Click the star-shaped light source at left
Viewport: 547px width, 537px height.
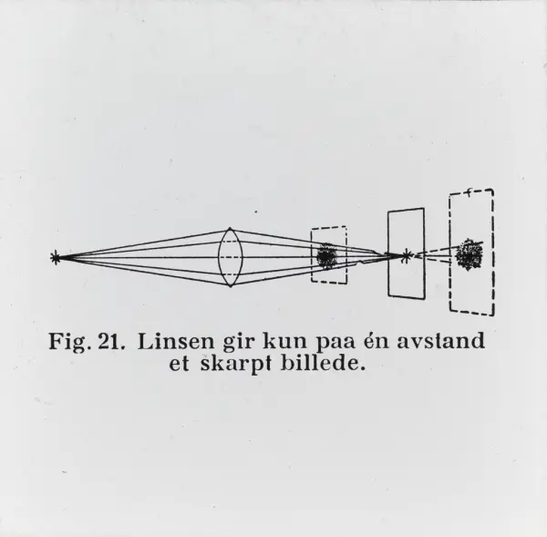click(55, 258)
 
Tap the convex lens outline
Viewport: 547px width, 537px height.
click(219, 257)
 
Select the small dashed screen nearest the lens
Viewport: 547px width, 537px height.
click(311, 255)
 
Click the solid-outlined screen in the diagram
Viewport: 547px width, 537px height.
click(388, 253)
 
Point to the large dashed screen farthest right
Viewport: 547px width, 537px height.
click(449, 253)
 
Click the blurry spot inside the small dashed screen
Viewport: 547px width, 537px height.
click(326, 256)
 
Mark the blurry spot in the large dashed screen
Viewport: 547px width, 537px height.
click(470, 254)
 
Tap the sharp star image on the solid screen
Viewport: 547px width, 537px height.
click(406, 256)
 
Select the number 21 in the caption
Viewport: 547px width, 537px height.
click(111, 341)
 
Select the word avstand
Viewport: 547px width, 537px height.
click(441, 341)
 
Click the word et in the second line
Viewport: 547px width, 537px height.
click(179, 364)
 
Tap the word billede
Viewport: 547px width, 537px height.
click(323, 363)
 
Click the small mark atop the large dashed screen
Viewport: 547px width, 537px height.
click(470, 192)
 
